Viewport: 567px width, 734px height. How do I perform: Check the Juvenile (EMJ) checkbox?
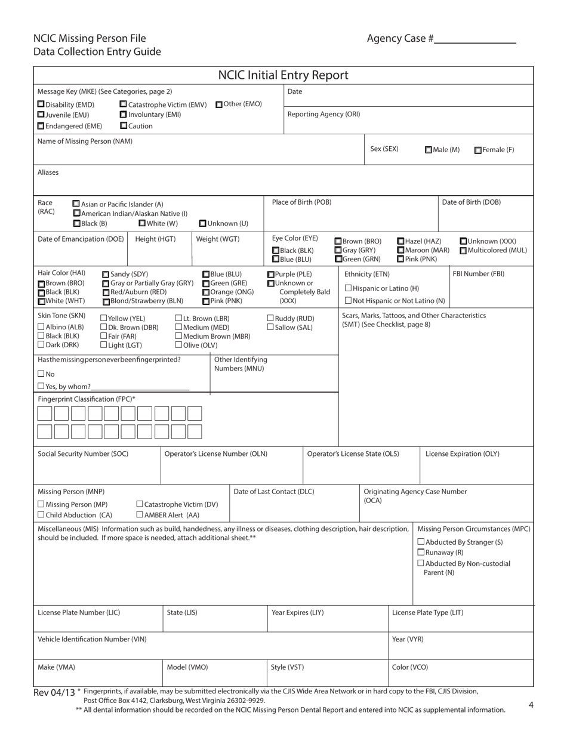pos(41,115)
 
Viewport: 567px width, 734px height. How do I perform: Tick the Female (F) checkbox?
pos(478,150)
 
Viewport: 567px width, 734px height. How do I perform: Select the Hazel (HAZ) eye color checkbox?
pos(400,241)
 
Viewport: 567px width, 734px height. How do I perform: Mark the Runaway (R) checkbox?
pos(421,553)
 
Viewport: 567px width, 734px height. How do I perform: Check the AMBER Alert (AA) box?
pos(140,514)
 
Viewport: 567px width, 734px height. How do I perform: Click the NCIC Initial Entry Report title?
pos(283,75)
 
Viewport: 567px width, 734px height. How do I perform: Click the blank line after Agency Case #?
pos(475,39)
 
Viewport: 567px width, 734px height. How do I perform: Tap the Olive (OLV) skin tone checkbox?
pos(178,345)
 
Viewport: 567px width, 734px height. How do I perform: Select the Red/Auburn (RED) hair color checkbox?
pos(106,292)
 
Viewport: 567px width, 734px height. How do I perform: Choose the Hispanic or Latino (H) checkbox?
pos(349,288)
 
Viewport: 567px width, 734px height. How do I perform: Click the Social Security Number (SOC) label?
pos(83,454)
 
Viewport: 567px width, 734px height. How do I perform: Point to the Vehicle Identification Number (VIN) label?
pos(92,639)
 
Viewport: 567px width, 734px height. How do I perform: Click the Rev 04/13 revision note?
pos(54,692)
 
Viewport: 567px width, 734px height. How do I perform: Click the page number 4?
pos(531,705)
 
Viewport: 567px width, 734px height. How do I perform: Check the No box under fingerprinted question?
pos(41,374)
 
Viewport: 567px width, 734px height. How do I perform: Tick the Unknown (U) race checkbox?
pos(202,223)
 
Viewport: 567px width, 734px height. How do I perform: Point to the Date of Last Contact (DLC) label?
pos(273,492)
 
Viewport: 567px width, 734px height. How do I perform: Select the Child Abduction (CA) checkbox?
pos(41,514)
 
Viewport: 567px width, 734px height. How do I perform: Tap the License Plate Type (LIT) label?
pos(427,612)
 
